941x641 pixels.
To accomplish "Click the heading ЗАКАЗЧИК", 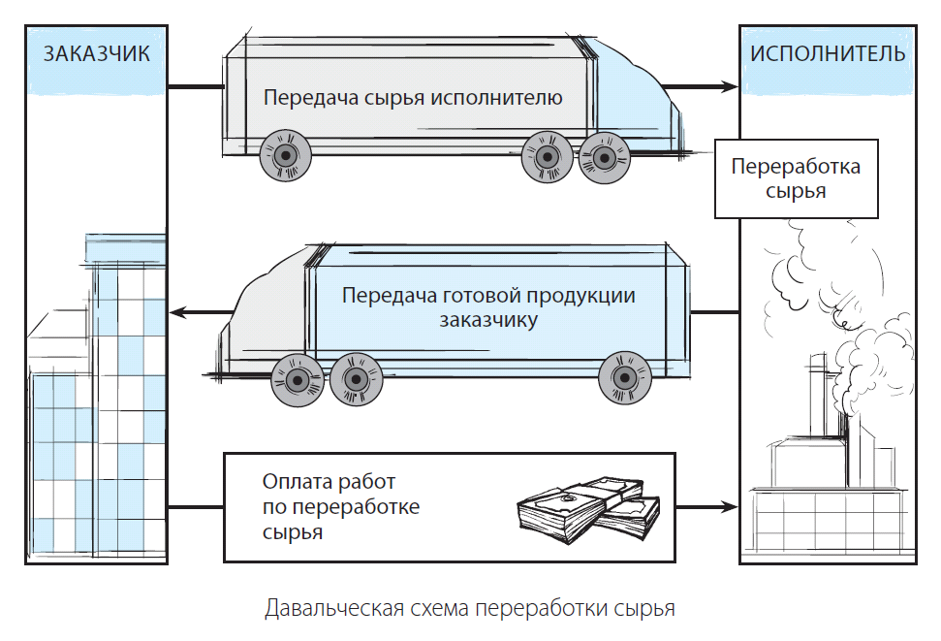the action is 97,54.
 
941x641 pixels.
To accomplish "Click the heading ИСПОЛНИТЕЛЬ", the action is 828,54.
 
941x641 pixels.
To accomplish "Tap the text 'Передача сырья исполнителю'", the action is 413,97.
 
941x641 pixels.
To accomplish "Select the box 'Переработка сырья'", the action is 796,178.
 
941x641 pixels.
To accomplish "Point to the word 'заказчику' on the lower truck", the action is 487,320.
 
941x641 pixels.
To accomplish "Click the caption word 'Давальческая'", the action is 333,608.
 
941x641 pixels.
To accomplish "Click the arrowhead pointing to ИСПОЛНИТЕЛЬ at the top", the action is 731,87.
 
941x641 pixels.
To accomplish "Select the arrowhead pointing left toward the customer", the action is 177,312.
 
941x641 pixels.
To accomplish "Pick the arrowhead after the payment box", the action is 731,507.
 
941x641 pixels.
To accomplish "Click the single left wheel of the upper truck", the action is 286,156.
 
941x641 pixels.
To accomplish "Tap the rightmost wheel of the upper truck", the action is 605,159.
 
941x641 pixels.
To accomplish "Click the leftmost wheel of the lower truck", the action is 298,380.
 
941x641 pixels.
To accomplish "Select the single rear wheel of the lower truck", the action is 625,378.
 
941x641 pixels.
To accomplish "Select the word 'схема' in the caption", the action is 439,608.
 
